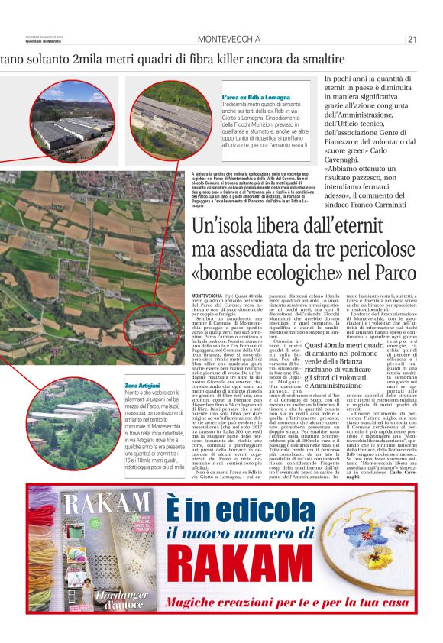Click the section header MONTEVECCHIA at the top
tap(228, 40)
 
